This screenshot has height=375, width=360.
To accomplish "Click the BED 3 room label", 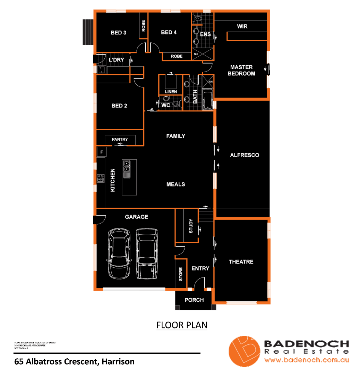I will click(118, 33).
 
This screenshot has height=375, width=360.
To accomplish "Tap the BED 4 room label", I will click(169, 32).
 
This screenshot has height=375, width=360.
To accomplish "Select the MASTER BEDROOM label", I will click(241, 70).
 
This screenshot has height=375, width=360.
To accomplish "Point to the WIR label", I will click(242, 26).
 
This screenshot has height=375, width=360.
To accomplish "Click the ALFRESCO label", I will click(245, 155).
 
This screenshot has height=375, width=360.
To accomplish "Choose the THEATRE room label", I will click(241, 262).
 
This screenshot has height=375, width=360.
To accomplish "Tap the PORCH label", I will click(194, 300).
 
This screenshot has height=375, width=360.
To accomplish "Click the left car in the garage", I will click(119, 253).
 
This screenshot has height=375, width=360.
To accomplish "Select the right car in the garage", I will click(147, 253).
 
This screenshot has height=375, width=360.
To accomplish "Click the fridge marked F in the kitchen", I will click(102, 152).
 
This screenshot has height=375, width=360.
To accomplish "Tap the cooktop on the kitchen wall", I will click(101, 178).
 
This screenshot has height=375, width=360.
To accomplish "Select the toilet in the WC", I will click(177, 103).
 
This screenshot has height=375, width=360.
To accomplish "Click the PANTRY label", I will click(120, 140).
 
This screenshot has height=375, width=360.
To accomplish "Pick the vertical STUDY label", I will click(191, 226).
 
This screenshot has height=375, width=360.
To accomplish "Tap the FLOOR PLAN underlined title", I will click(182, 325).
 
